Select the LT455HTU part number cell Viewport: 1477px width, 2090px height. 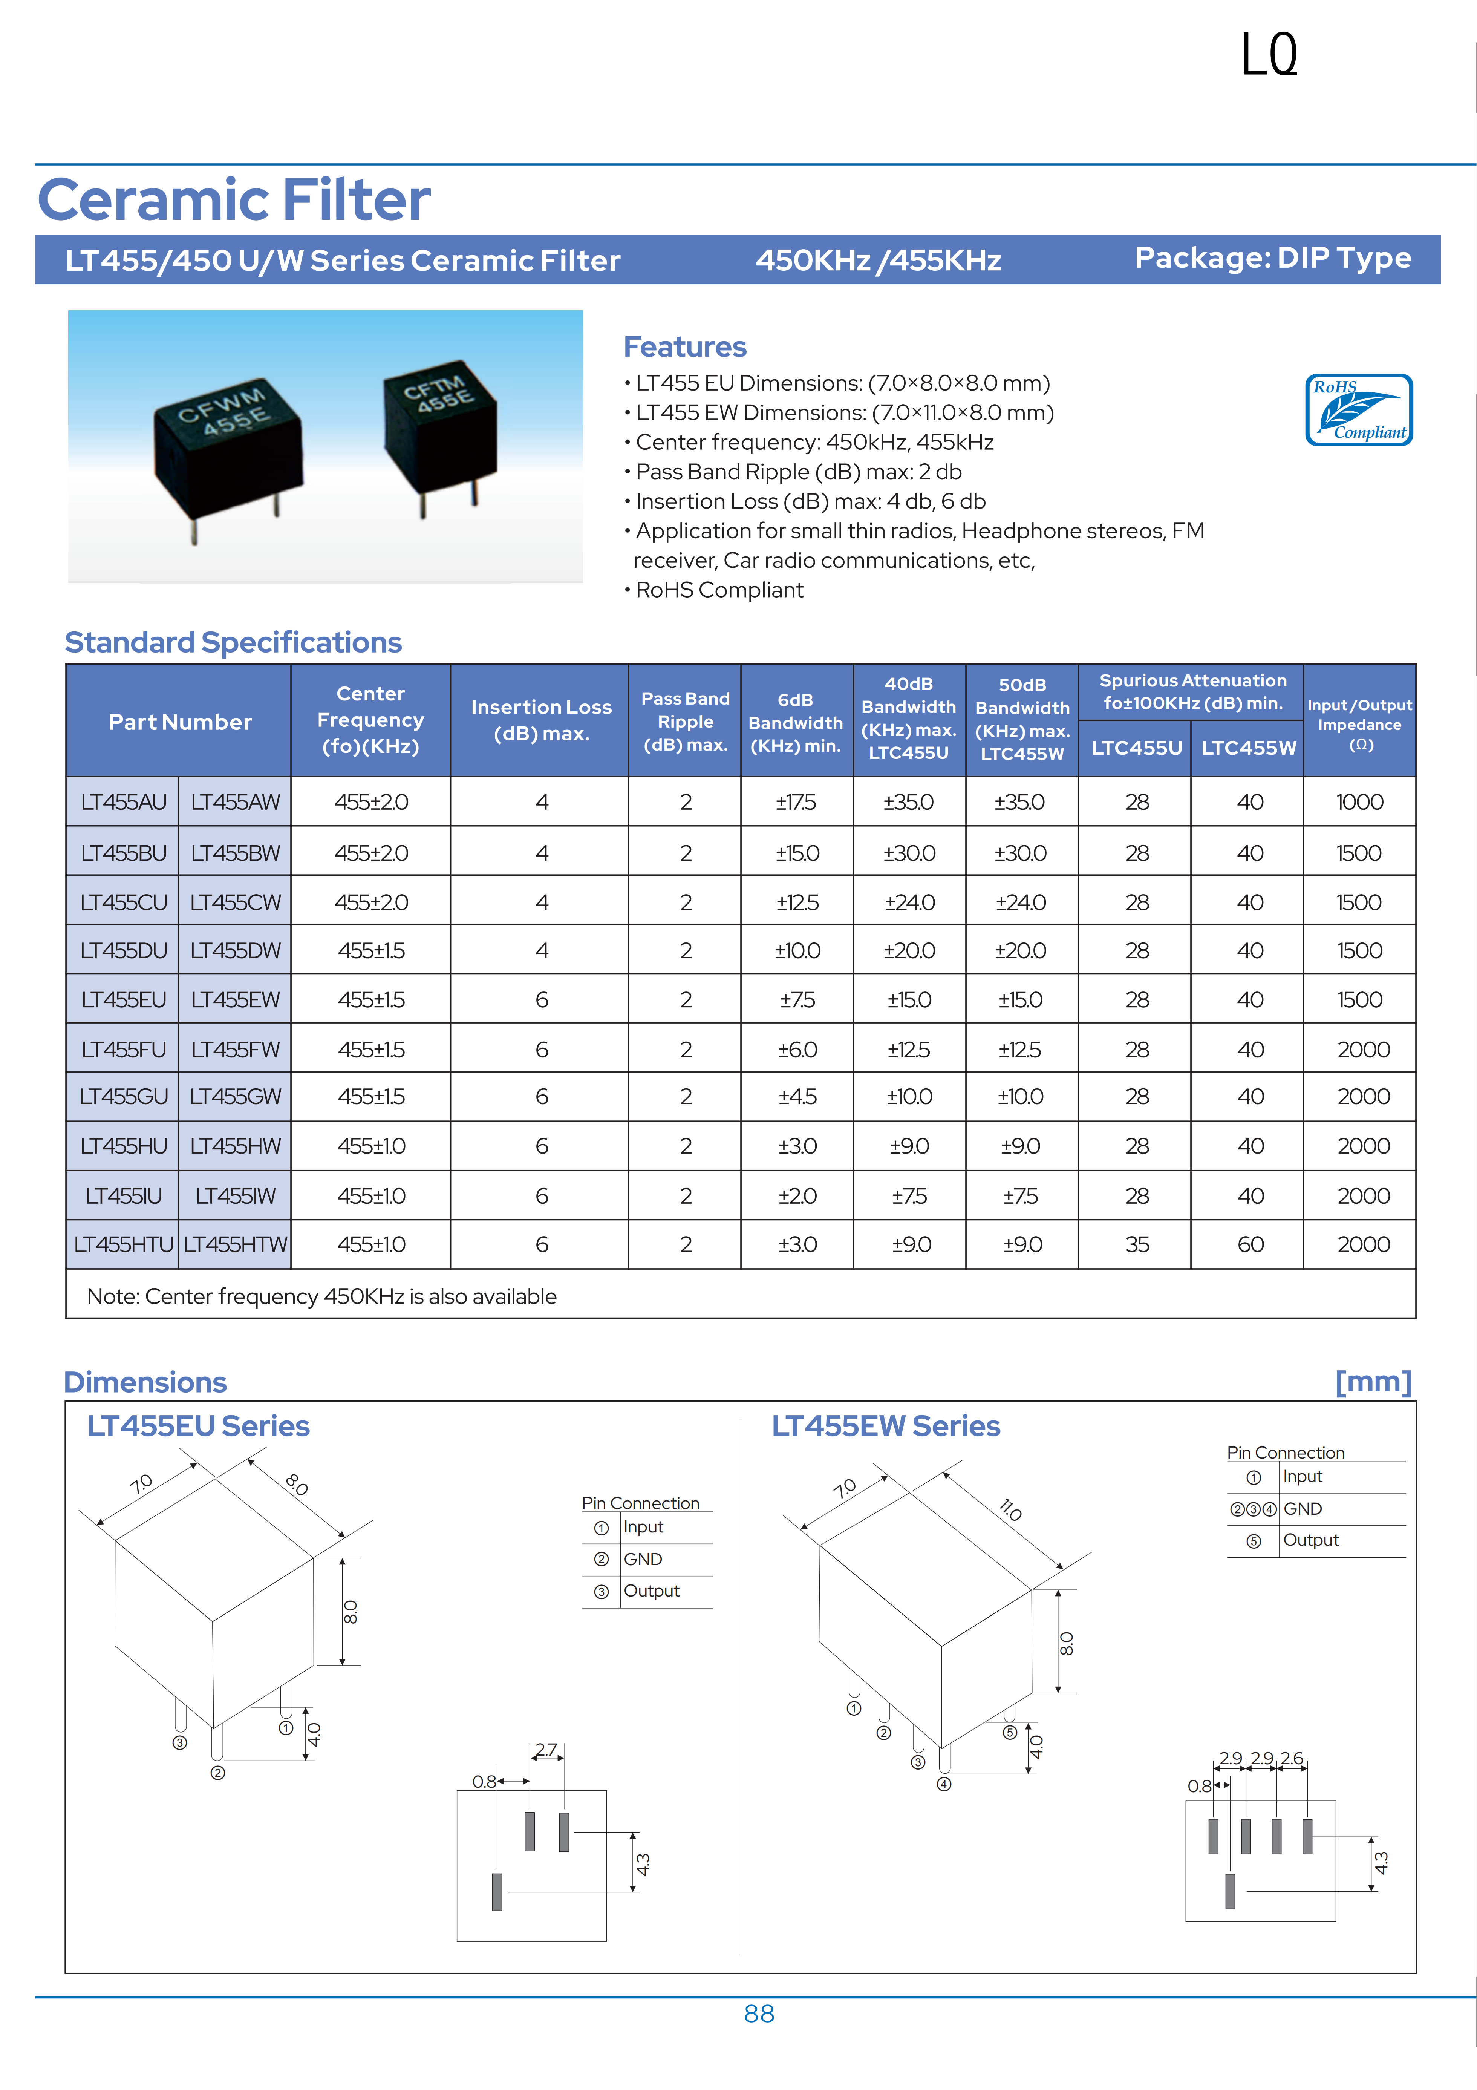(123, 1244)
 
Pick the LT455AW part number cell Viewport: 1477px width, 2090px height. (235, 802)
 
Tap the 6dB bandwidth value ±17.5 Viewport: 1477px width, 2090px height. (796, 802)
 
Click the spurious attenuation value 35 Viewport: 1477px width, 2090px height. (1137, 1244)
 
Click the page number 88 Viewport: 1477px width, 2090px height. (759, 2013)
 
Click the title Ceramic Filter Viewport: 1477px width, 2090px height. (234, 200)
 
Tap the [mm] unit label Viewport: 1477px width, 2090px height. (1372, 1381)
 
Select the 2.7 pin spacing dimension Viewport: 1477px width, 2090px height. (546, 1750)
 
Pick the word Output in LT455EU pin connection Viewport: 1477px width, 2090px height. (652, 1590)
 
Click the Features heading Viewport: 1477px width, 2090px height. (684, 347)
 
